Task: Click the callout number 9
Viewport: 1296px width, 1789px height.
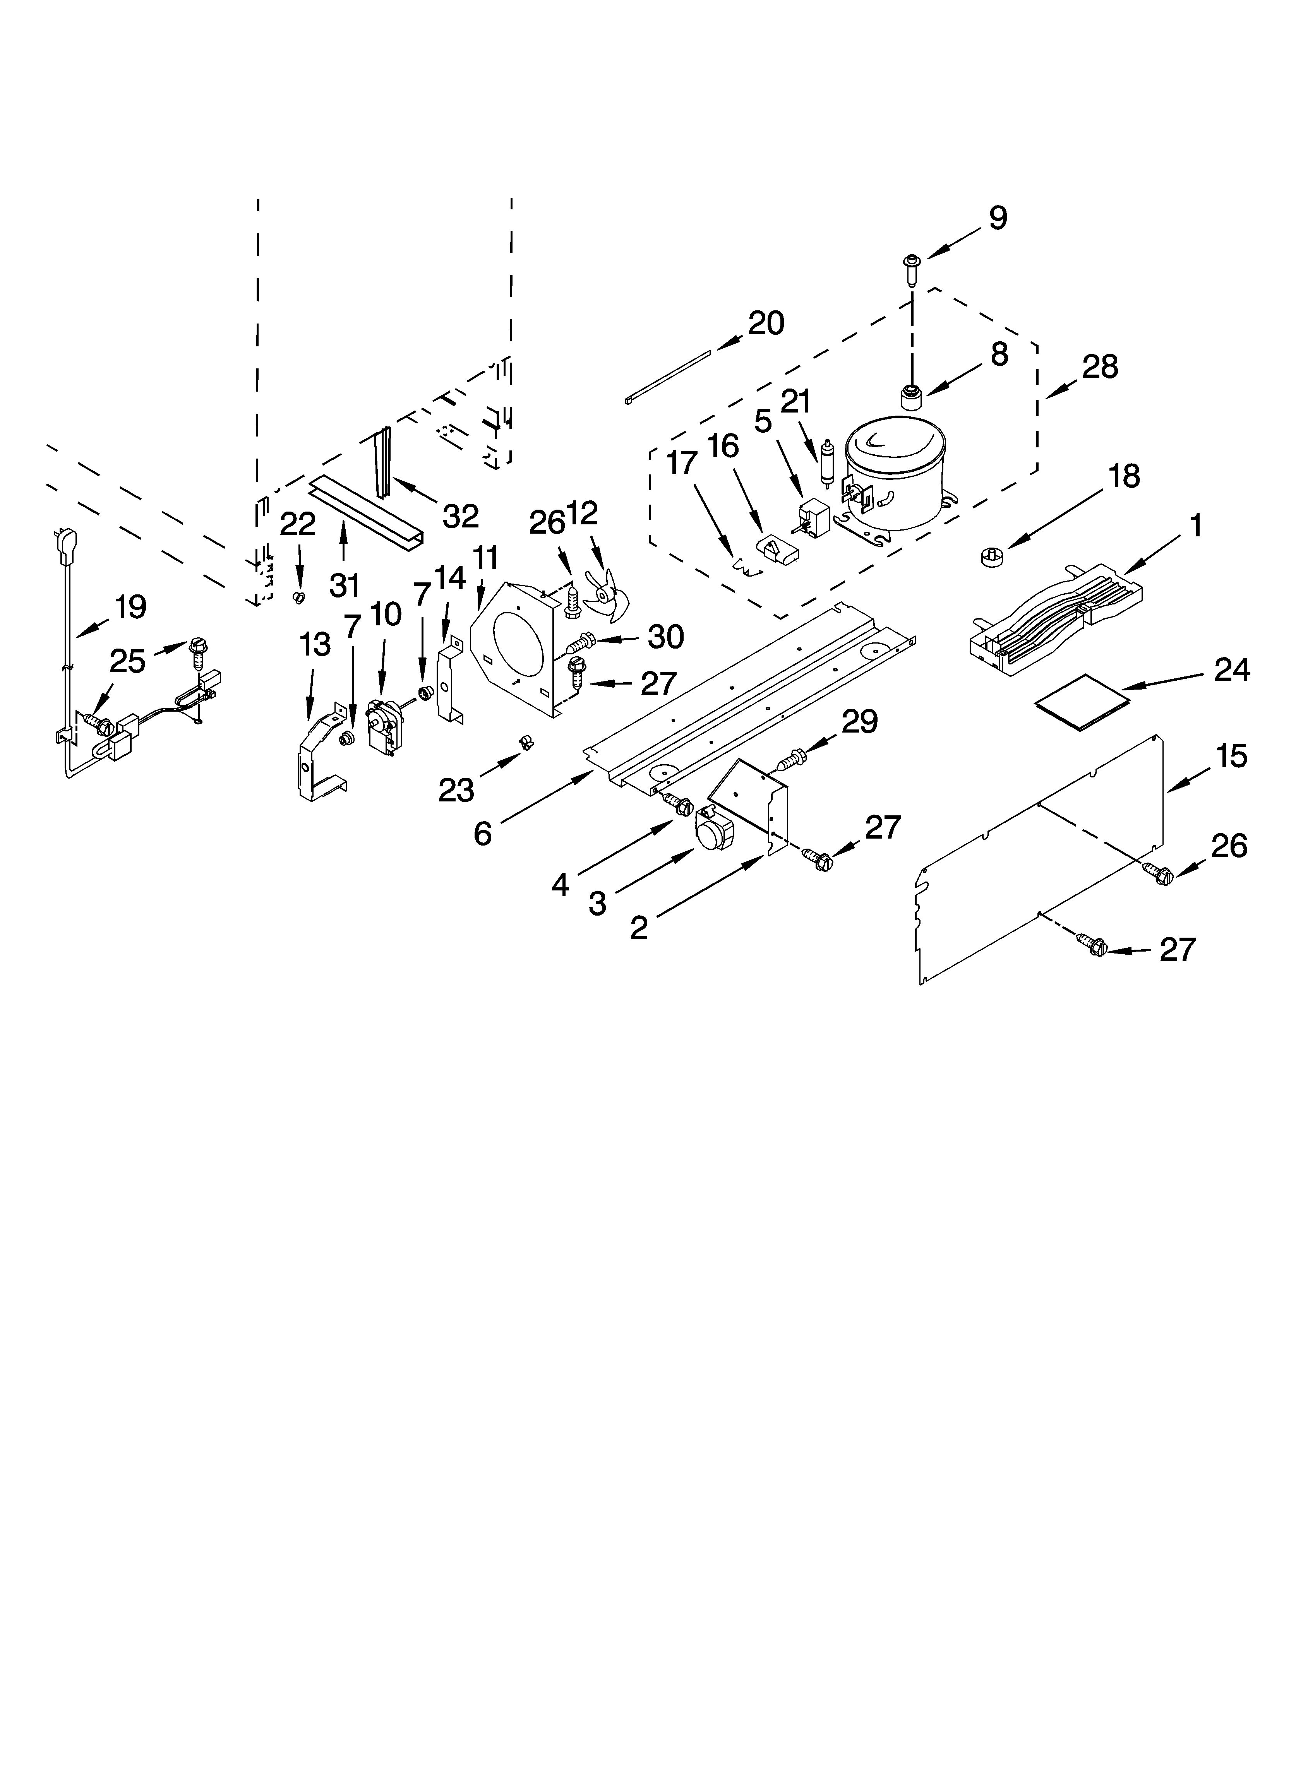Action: pyautogui.click(x=998, y=218)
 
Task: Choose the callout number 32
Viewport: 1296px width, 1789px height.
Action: pyautogui.click(x=460, y=516)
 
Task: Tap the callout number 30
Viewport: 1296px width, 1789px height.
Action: pyautogui.click(x=665, y=637)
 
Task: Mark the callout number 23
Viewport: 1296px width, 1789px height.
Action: pyautogui.click(x=456, y=789)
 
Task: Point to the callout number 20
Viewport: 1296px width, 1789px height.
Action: pyautogui.click(x=766, y=324)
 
